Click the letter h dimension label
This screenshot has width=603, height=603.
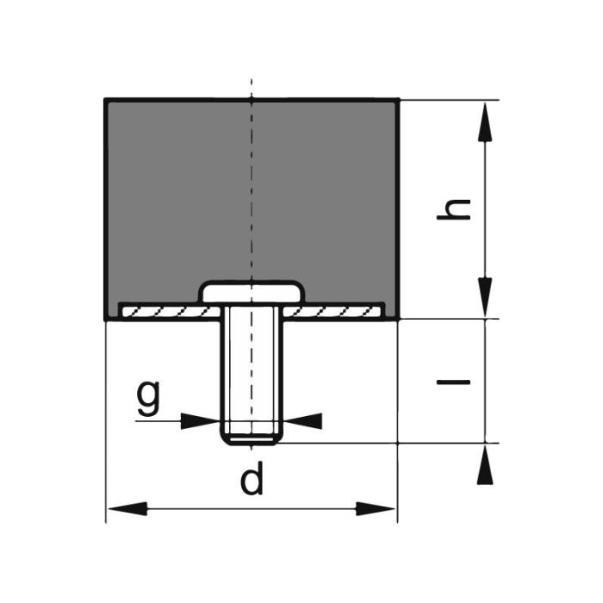coord(454,209)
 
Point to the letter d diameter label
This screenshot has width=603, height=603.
coord(251,480)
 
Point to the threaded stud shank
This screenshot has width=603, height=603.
coord(251,370)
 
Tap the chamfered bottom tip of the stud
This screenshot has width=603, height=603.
coord(251,439)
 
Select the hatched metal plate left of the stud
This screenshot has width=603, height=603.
coord(164,309)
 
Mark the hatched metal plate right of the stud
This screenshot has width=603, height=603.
coord(340,309)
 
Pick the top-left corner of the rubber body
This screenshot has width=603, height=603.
coord(106,100)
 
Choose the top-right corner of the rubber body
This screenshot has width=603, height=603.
coord(397,100)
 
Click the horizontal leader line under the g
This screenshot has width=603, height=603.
coord(159,420)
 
